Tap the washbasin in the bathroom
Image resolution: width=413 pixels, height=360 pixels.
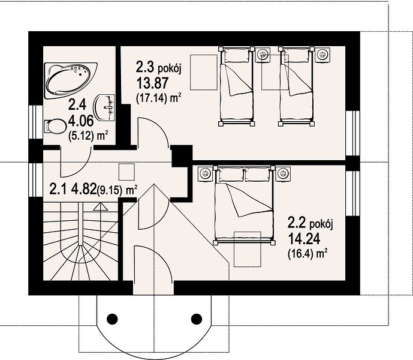tap(105, 107)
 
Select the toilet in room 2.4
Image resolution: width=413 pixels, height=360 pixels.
tap(55, 127)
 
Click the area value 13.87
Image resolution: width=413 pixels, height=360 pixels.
tap(152, 83)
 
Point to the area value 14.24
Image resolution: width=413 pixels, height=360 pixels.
tap(304, 239)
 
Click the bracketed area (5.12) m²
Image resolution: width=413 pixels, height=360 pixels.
tap(88, 136)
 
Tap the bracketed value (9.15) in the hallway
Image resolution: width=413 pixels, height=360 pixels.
tap(110, 191)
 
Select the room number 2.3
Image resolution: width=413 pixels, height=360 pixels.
tap(145, 67)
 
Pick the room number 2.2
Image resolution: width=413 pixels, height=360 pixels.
tap(297, 223)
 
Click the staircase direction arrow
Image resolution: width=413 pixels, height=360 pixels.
tap(101, 206)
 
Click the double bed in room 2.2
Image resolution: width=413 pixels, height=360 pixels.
tap(244, 205)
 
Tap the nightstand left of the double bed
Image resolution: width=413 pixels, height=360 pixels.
tap(204, 174)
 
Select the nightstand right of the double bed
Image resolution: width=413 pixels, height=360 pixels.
tap(283, 174)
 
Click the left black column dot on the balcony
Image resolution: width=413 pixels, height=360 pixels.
tap(112, 319)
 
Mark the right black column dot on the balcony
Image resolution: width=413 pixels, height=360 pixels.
tap(196, 319)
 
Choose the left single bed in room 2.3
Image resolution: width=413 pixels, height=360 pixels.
tap(237, 86)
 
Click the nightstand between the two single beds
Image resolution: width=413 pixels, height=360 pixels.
tap(263, 55)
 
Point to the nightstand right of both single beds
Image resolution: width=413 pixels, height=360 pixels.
tap(322, 55)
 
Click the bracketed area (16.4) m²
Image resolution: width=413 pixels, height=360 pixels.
tap(308, 254)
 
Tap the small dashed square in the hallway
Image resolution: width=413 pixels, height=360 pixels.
tap(126, 172)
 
